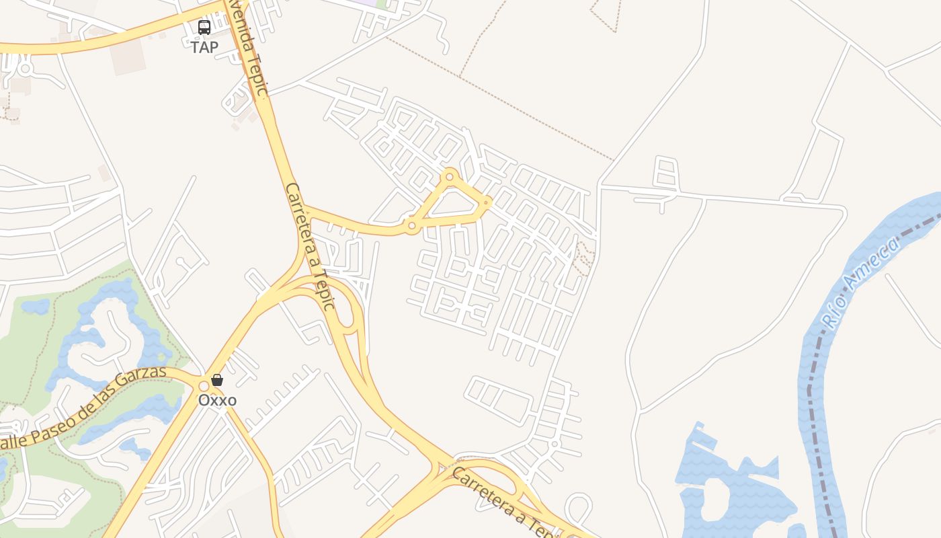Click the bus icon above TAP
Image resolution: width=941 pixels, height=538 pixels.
[204, 28]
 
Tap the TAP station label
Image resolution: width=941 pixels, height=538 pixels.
[204, 47]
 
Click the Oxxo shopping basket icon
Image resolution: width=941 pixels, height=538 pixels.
[217, 380]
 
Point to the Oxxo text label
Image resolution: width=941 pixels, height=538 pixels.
[217, 400]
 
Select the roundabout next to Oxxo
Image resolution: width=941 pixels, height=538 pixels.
[204, 386]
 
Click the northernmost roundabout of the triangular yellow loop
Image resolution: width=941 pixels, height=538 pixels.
[450, 177]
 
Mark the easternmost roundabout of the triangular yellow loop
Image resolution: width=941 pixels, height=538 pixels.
[487, 202]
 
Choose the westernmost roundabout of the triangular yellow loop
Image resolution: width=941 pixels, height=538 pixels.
[411, 227]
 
